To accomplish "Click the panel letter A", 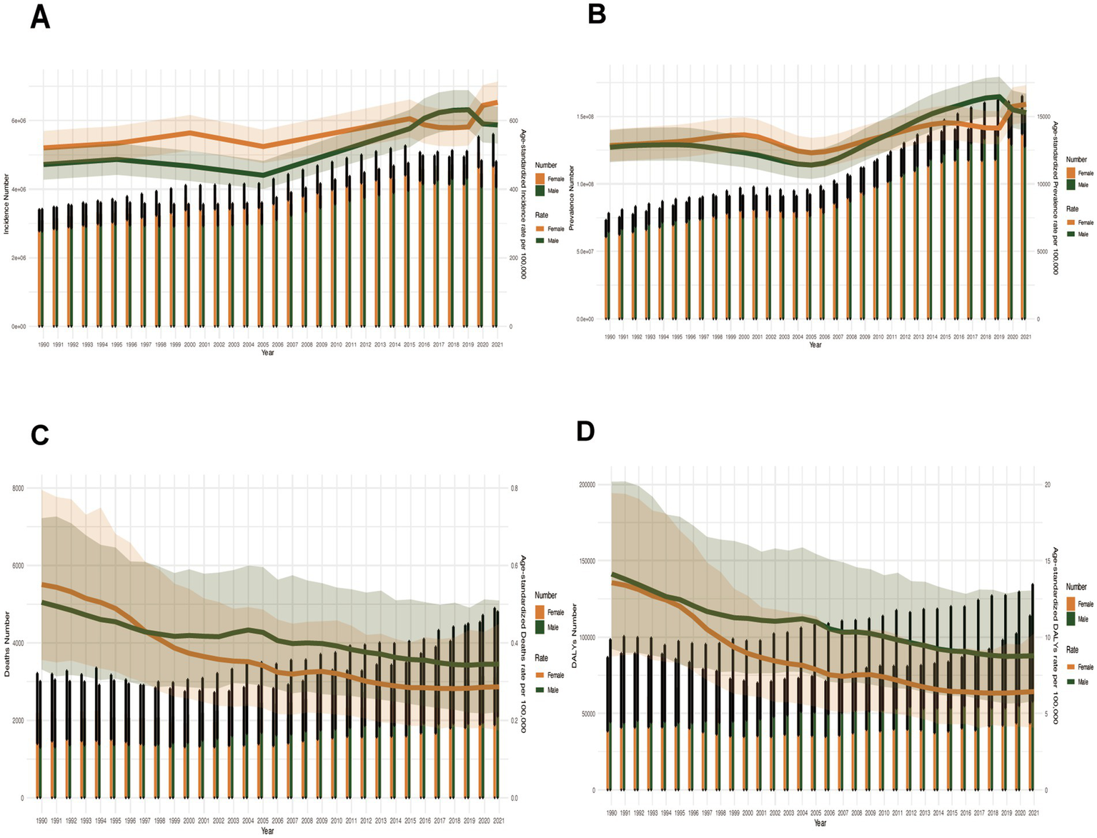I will pos(40,16).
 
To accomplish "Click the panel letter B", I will pos(597,14).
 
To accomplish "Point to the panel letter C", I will pos(39,434).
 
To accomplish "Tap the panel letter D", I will pos(585,432).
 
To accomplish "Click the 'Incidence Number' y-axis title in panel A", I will pos(6,204).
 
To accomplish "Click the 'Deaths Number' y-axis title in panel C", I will pos(6,644).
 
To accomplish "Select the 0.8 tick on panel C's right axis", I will pos(515,489).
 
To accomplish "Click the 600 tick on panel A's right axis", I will pos(513,121).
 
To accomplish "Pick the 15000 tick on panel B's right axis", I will pos(1044,116).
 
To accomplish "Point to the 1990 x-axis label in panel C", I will pos(41,821).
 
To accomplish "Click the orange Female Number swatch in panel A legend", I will pos(540,179).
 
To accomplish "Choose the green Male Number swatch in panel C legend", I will pos(540,627).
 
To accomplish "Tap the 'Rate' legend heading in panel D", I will pos(1072,649).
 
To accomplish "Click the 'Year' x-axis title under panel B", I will pos(815,345).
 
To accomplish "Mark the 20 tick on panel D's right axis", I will pos(1047,484).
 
